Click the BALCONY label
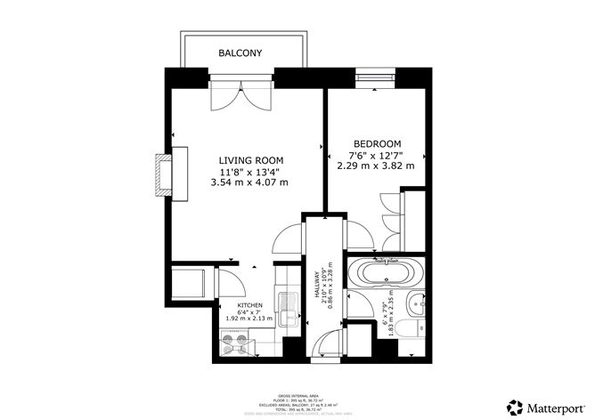pyautogui.click(x=240, y=53)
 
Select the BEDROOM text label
pyautogui.click(x=377, y=143)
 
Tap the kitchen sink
pyautogui.click(x=288, y=311)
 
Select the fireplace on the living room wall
pyautogui.click(x=163, y=174)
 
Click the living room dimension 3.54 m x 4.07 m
pyautogui.click(x=249, y=182)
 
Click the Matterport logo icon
pyautogui.click(x=515, y=405)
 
